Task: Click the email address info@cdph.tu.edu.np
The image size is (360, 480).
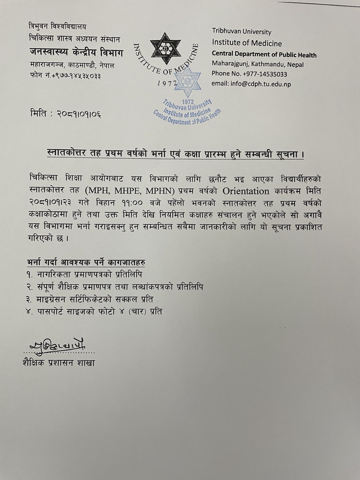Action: [x=251, y=84]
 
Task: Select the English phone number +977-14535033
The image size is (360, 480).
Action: [x=249, y=74]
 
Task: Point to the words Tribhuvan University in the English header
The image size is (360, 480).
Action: [x=241, y=32]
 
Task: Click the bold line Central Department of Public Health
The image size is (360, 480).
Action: [x=264, y=55]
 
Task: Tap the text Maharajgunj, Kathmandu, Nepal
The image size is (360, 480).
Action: [x=257, y=64]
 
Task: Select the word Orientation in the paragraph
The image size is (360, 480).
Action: [x=246, y=191]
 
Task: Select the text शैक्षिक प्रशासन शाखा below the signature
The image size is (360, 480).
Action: [x=58, y=363]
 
